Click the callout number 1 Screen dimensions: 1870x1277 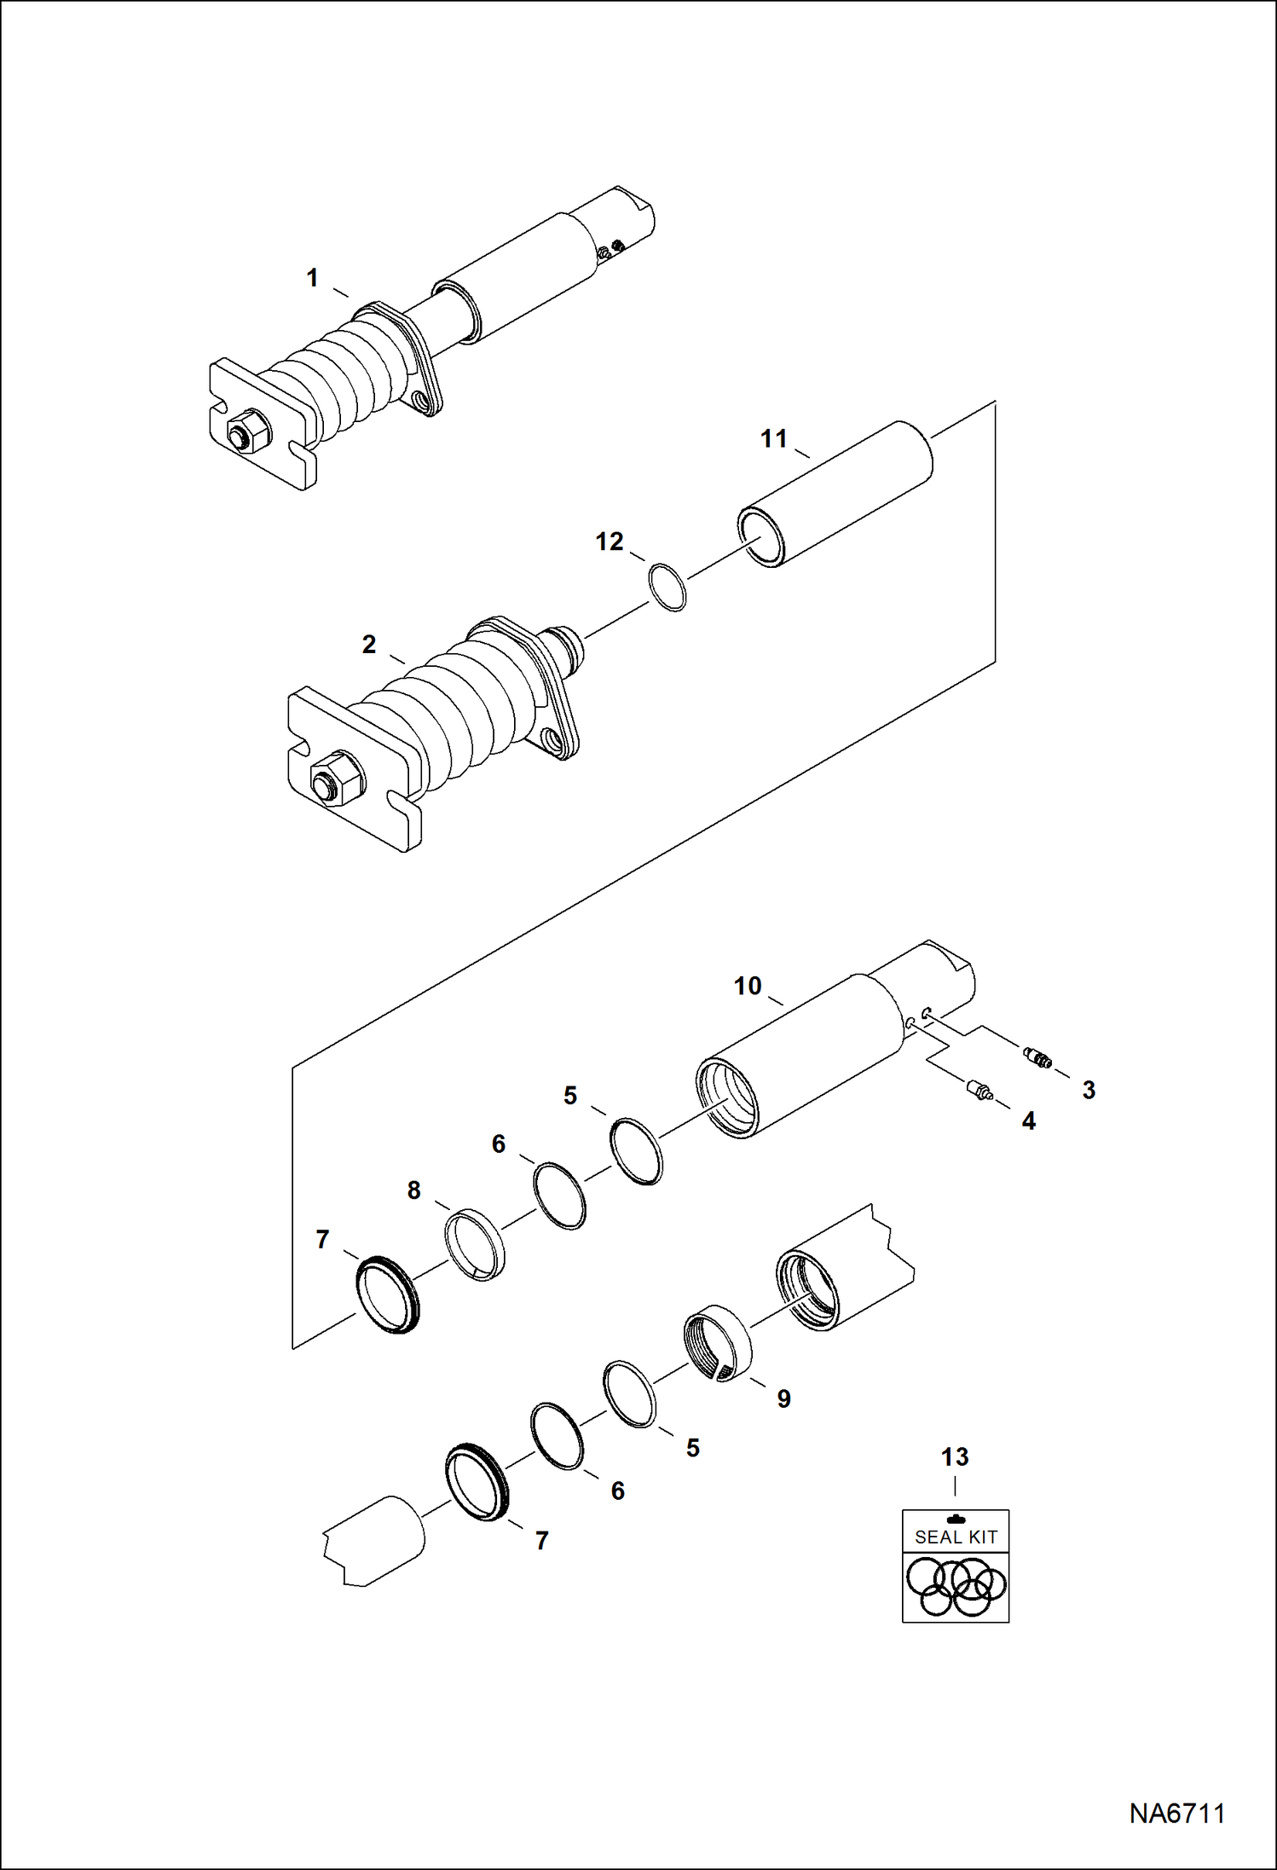click(312, 278)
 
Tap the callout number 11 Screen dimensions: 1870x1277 click(773, 438)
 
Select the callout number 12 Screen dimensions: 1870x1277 click(609, 541)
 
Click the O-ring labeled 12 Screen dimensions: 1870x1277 click(668, 588)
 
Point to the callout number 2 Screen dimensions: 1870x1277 click(368, 644)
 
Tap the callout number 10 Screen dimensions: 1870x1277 click(747, 986)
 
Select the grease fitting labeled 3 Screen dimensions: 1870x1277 click(1037, 1058)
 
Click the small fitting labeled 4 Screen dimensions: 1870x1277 click(979, 1089)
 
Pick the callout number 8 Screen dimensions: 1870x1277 click(413, 1190)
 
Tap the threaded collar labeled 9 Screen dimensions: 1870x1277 click(718, 1343)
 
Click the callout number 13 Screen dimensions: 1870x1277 click(955, 1457)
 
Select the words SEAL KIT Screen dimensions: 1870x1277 click(956, 1537)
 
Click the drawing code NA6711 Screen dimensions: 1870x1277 click(1176, 1813)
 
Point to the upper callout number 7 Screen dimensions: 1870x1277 click(322, 1239)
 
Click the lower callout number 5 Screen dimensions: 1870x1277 click(692, 1448)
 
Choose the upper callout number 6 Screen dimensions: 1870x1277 click(499, 1143)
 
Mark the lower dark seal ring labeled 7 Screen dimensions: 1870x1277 click(477, 1481)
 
